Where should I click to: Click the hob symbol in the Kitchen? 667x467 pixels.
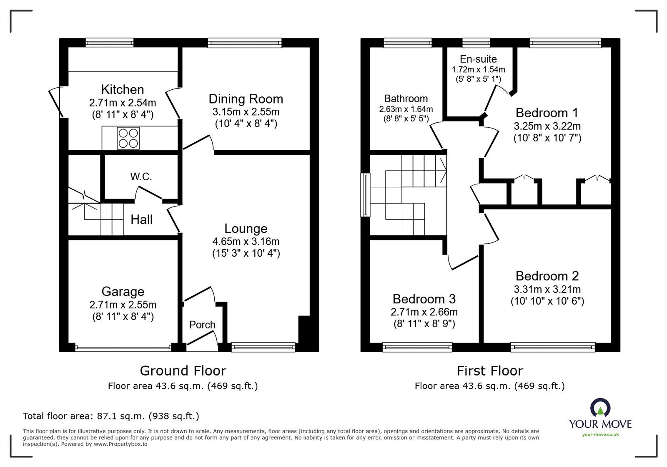point(128,138)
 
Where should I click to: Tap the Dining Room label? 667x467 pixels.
point(246,99)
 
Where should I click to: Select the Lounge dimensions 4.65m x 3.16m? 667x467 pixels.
point(246,241)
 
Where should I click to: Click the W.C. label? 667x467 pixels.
point(141,177)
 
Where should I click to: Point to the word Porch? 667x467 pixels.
point(202,325)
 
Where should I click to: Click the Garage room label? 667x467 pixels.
point(123,291)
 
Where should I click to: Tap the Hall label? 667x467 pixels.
point(141,220)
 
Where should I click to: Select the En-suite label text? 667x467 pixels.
point(478,59)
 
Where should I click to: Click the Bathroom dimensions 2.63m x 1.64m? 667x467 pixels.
point(406,109)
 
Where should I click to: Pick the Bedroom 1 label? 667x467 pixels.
point(547,113)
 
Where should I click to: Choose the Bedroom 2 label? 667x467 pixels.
point(547,276)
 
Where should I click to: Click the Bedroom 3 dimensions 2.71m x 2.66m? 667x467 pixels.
point(424,312)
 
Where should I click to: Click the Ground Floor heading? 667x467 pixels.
point(183,371)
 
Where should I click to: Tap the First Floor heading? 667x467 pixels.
point(489,371)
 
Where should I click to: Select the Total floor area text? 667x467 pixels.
point(111,416)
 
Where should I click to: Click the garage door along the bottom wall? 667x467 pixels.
point(123,346)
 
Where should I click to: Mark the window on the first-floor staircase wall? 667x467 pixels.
point(365,195)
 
